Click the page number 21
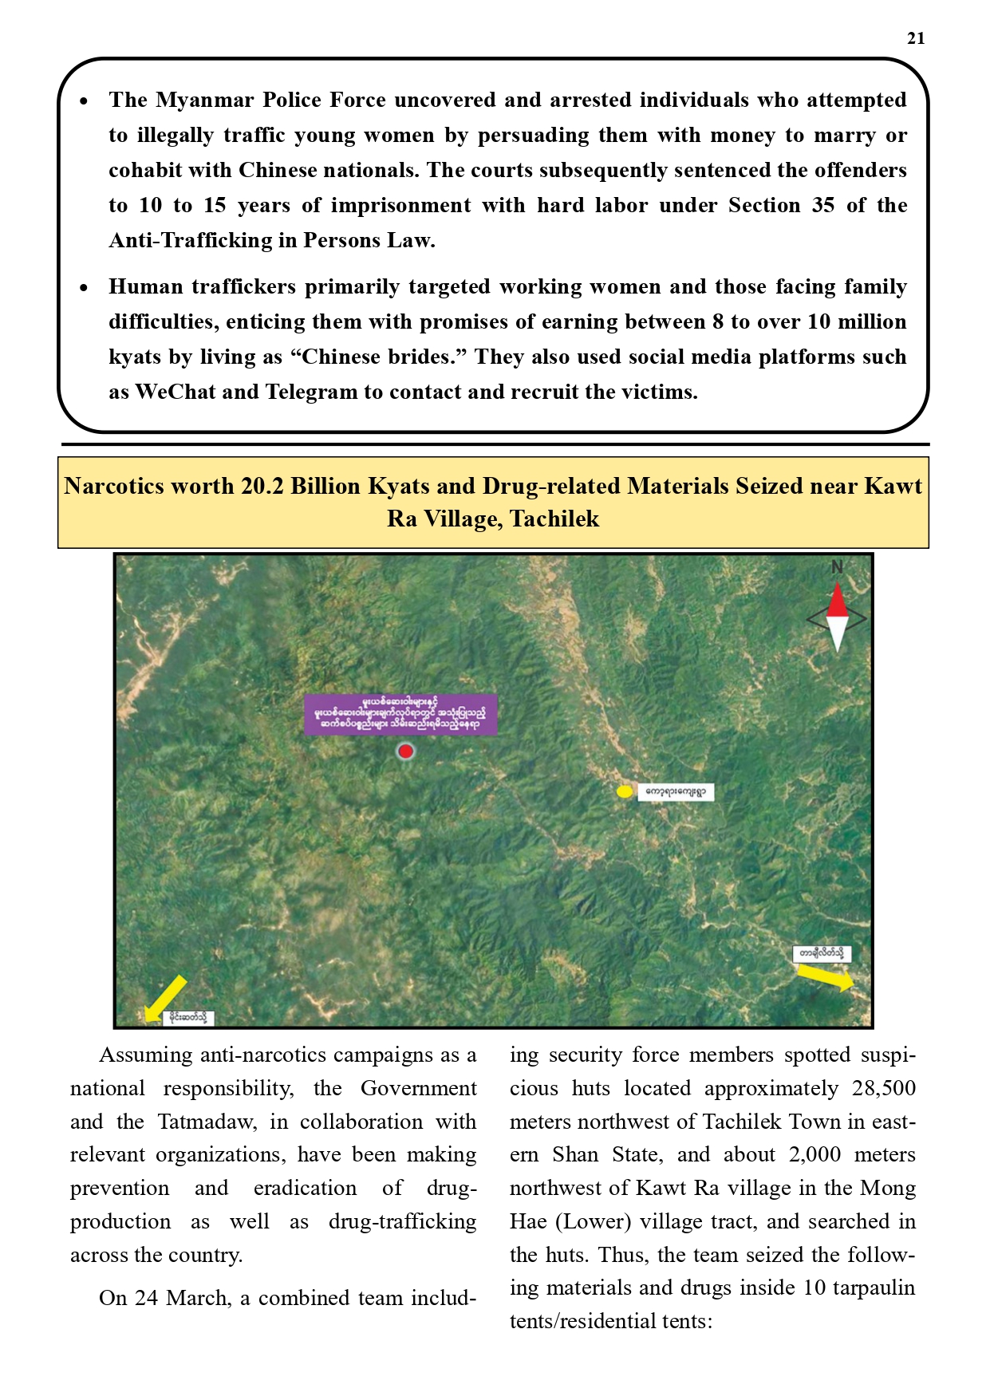[x=916, y=38]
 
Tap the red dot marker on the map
[x=406, y=751]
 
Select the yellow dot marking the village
[x=625, y=791]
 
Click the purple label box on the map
[x=400, y=714]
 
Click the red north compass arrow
[x=837, y=600]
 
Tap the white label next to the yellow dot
[x=675, y=792]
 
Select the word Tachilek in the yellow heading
[x=554, y=519]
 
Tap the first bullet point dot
[x=84, y=101]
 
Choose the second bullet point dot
[x=84, y=288]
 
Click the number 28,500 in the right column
[x=883, y=1088]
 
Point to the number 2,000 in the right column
[x=814, y=1154]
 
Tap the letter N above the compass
[x=837, y=567]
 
